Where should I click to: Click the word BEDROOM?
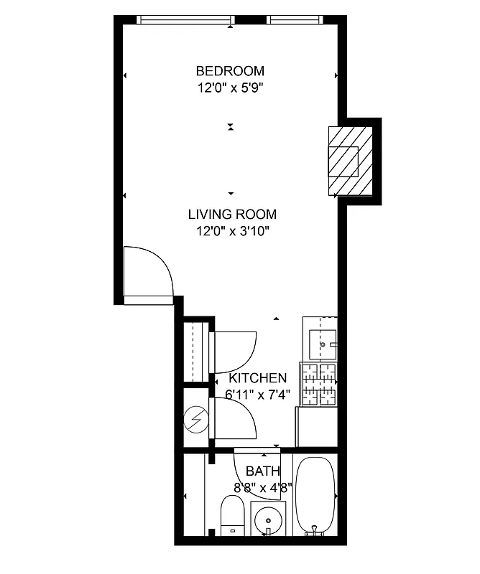click(x=230, y=71)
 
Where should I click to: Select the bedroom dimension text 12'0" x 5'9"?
click(x=230, y=88)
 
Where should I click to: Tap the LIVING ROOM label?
click(x=231, y=214)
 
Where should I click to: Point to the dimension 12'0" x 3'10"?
click(x=231, y=231)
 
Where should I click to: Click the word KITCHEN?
click(x=257, y=378)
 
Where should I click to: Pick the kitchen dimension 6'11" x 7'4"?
click(x=257, y=395)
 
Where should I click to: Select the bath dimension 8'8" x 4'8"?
click(x=262, y=488)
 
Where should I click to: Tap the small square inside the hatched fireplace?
click(x=343, y=161)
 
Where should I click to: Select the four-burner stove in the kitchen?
click(x=318, y=386)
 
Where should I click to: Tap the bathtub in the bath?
click(x=315, y=495)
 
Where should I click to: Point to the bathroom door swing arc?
click(x=248, y=474)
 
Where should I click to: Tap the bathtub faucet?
click(x=313, y=532)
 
